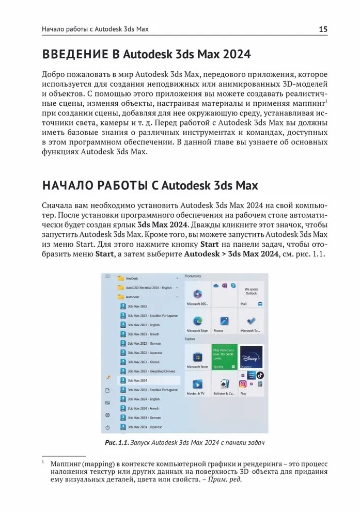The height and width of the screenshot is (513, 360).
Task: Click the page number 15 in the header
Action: (x=323, y=29)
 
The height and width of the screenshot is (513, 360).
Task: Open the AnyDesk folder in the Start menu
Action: (x=131, y=278)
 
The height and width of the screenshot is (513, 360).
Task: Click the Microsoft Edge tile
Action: (x=197, y=323)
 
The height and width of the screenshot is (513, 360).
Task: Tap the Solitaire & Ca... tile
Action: (x=224, y=386)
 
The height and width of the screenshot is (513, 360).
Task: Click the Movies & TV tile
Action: (x=197, y=386)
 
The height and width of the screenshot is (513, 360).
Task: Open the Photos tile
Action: (x=224, y=323)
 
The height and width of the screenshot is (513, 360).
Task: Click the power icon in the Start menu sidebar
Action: (x=107, y=427)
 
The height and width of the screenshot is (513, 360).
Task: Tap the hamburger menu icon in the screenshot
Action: (x=107, y=276)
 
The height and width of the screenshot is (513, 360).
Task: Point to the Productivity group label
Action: (x=193, y=276)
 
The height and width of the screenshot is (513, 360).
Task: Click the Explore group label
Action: (x=190, y=339)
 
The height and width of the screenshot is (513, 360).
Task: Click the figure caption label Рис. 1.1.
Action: (x=117, y=442)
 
